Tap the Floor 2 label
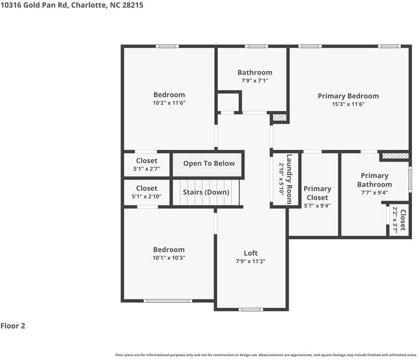(x=13, y=325)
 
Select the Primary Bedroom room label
(x=348, y=96)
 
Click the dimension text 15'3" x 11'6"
(x=348, y=104)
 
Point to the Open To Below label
(x=209, y=163)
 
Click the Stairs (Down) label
(x=206, y=192)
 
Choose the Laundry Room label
(x=289, y=179)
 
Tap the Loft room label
(x=251, y=253)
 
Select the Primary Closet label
(x=317, y=193)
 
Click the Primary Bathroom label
(x=375, y=180)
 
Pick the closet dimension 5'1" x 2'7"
(x=147, y=169)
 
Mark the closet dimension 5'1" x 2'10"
(x=147, y=196)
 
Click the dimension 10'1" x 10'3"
(x=169, y=258)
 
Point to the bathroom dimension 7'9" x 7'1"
(x=255, y=80)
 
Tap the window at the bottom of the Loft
(x=251, y=309)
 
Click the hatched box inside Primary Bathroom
(x=395, y=156)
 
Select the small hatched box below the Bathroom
(x=279, y=118)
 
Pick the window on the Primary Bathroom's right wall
(x=410, y=179)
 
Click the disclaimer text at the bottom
(x=266, y=355)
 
